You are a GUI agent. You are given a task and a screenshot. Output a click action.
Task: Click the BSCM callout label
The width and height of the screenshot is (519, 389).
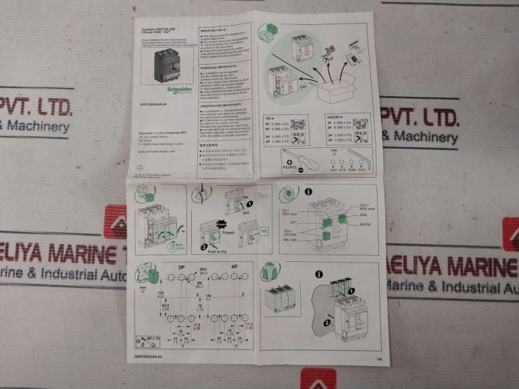tap(365, 223)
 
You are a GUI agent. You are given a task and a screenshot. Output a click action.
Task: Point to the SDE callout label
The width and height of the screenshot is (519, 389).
tap(363, 214)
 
